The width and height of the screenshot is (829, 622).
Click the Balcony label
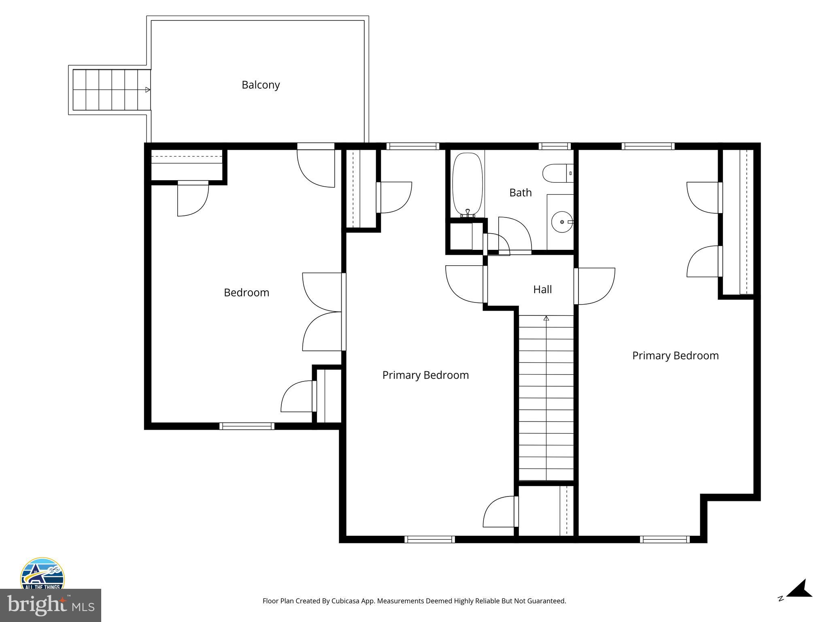[261, 85]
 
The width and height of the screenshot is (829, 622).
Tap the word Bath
[520, 193]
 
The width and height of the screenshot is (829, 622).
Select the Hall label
[542, 290]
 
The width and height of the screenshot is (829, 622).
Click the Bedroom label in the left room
[246, 293]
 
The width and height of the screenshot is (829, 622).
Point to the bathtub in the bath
[467, 184]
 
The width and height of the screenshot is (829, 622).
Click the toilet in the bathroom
[557, 173]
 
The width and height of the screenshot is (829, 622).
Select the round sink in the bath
[562, 222]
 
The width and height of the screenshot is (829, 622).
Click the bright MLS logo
[51, 605]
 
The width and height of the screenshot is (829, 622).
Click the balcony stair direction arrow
[148, 90]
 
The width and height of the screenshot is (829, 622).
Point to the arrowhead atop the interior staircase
[546, 319]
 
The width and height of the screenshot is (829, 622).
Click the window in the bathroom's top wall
[554, 146]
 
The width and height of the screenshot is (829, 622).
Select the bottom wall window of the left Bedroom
[247, 426]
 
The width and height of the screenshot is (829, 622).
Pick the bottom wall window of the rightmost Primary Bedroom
[665, 539]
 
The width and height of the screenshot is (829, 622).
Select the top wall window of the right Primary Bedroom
[648, 146]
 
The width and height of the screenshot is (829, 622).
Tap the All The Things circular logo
[43, 574]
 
